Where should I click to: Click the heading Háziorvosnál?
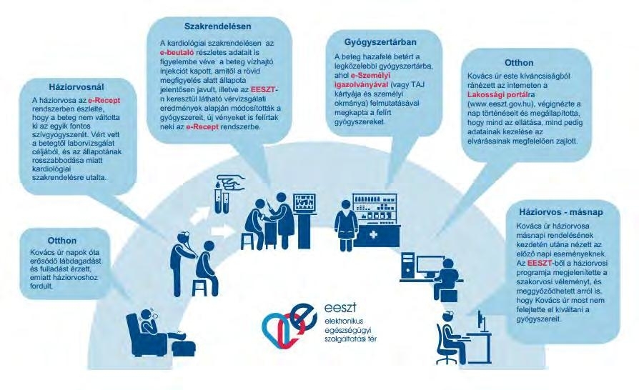76,87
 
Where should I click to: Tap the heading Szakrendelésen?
217,26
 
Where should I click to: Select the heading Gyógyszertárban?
380,42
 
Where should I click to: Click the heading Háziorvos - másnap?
561,212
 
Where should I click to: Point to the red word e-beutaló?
177,53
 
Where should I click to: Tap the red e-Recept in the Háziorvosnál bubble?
104,100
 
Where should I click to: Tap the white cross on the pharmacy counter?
373,235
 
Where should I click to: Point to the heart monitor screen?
304,202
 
